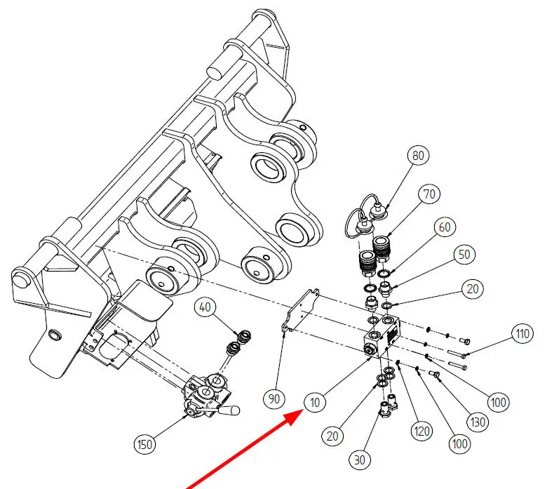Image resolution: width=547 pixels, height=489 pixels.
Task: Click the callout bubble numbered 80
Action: (x=418, y=155)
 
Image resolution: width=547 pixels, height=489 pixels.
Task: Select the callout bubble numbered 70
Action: (x=429, y=194)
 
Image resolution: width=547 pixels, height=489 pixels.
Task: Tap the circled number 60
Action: (x=445, y=227)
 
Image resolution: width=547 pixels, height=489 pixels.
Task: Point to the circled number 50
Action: (x=464, y=255)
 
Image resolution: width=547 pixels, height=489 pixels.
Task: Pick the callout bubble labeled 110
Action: (x=522, y=334)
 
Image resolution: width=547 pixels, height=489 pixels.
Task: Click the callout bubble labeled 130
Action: (x=478, y=422)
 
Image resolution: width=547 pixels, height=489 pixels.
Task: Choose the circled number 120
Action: (x=421, y=431)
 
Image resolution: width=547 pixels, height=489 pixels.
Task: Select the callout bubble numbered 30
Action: (x=359, y=460)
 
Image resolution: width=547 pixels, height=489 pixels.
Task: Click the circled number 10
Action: (x=314, y=403)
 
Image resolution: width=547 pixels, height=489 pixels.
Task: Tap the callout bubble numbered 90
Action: (x=273, y=398)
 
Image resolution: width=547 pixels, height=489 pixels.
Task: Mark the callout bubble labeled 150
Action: (x=144, y=444)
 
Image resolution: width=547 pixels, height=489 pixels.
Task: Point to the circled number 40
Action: (x=205, y=307)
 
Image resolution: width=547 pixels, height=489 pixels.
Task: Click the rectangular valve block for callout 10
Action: (x=383, y=336)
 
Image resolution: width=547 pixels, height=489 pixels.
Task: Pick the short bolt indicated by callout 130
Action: (x=435, y=374)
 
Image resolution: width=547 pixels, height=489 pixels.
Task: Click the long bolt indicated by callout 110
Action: (x=457, y=354)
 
